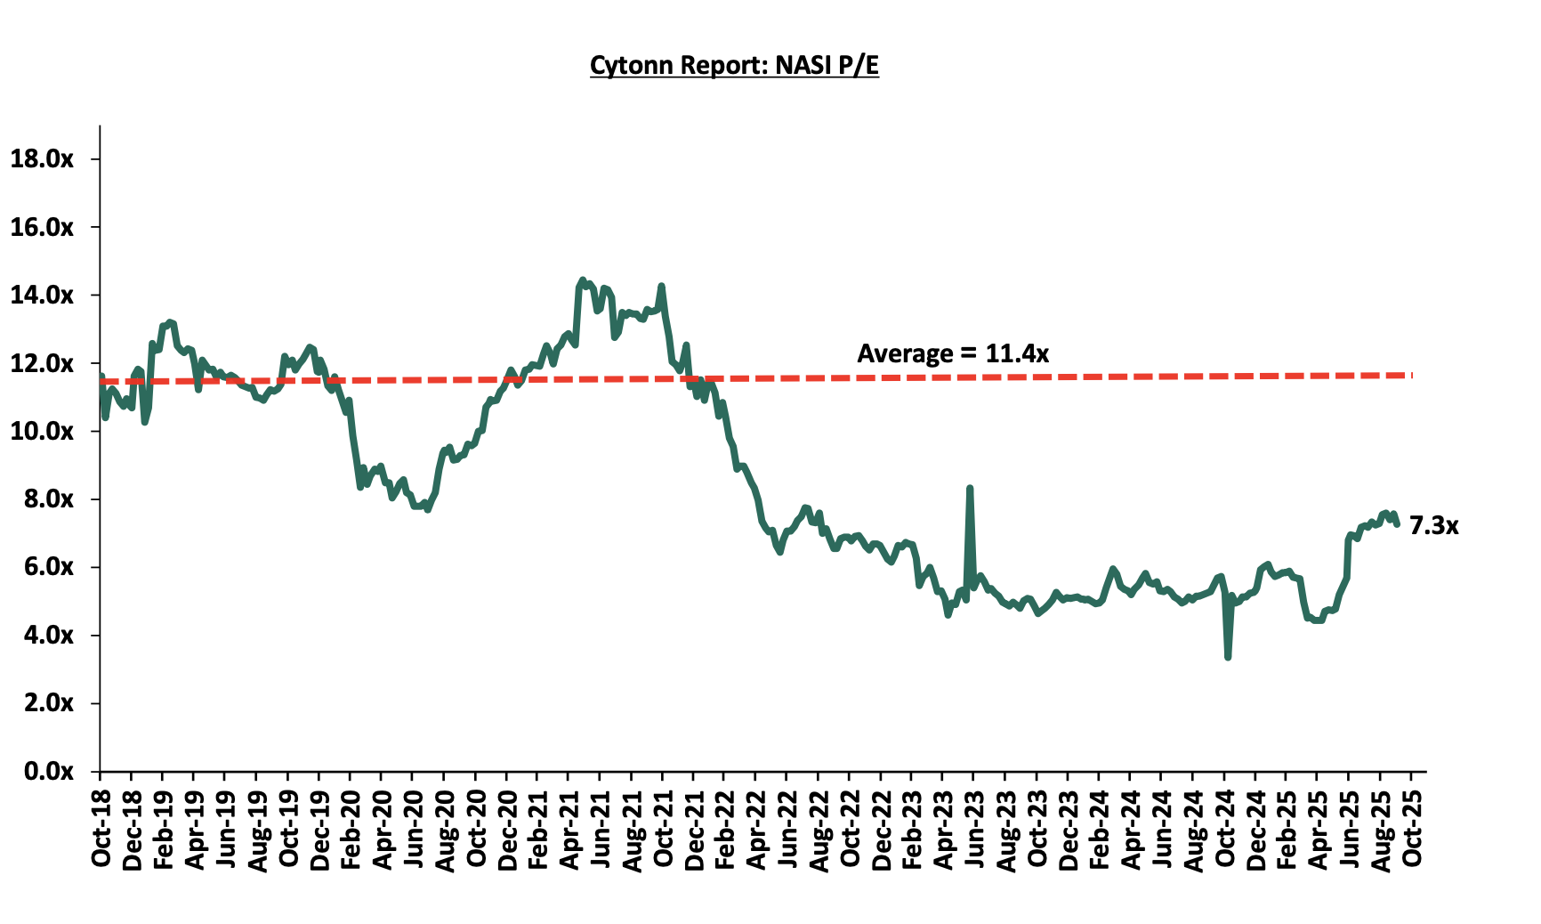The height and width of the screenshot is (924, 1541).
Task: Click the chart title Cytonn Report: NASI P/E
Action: (x=734, y=66)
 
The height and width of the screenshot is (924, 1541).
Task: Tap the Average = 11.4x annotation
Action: (x=953, y=353)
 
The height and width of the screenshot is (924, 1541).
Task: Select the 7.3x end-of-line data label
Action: (x=1433, y=526)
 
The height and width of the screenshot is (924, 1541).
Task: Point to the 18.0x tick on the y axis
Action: (x=41, y=159)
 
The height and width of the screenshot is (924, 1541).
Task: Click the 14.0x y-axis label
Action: (x=41, y=296)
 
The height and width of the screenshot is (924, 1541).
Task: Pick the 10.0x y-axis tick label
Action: (x=41, y=432)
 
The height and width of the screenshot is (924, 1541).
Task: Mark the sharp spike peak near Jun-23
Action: (x=970, y=489)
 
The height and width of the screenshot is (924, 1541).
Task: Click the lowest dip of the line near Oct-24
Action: (x=1228, y=657)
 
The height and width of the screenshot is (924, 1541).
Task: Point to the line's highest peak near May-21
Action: (x=582, y=280)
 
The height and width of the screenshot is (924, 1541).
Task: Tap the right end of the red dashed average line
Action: (x=1410, y=375)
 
